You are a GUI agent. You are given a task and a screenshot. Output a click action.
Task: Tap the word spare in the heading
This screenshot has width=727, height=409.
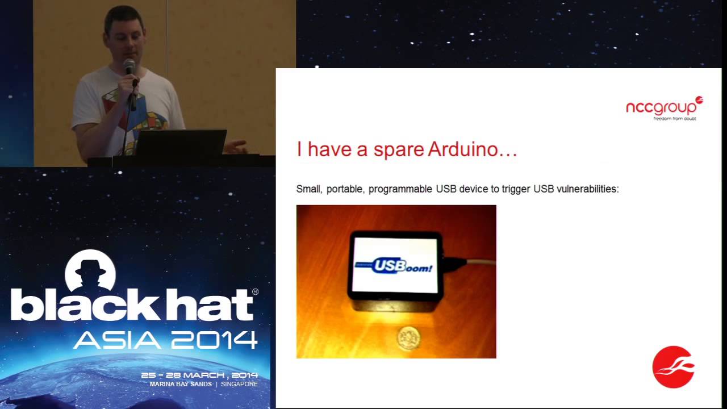pyautogui.click(x=399, y=151)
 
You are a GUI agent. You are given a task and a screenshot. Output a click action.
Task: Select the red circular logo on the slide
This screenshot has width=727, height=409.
pyautogui.click(x=674, y=367)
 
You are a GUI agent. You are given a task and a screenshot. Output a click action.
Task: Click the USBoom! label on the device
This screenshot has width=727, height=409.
pyautogui.click(x=396, y=265)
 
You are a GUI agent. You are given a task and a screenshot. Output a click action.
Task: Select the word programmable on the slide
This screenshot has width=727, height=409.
pyautogui.click(x=400, y=189)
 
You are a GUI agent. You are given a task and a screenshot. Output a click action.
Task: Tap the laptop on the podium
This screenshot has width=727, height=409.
pyautogui.click(x=181, y=143)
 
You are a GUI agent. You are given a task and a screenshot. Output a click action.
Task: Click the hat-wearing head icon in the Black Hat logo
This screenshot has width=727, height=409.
pyautogui.click(x=91, y=271)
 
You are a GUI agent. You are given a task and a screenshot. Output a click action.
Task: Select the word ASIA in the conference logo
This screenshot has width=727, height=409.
pyautogui.click(x=118, y=340)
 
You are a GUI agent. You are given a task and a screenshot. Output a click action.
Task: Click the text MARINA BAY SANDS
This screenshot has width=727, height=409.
pyautogui.click(x=181, y=384)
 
